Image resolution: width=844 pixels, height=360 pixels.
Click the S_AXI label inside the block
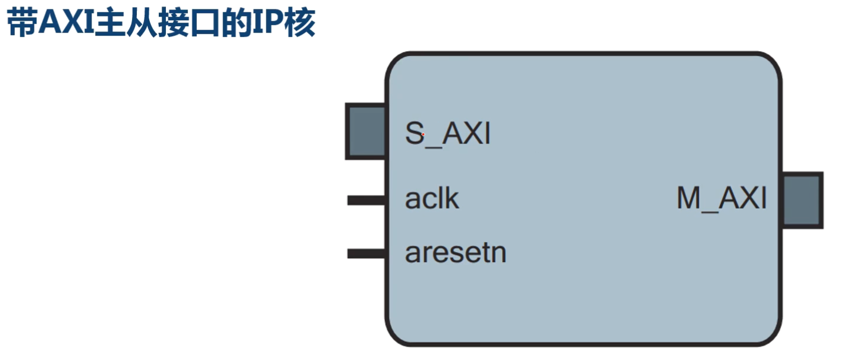click(448, 134)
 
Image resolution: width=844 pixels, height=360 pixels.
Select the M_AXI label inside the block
click(721, 199)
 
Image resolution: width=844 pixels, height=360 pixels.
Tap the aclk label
click(432, 199)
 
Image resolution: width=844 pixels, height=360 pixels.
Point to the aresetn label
click(456, 252)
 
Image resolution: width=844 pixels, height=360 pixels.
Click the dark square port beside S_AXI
click(365, 131)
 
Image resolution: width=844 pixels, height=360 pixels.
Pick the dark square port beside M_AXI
click(802, 200)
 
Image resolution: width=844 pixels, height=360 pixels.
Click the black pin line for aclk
click(366, 200)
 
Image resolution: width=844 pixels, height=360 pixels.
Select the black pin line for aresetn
click(366, 253)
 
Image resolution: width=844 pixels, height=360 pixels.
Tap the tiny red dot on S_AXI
click(423, 134)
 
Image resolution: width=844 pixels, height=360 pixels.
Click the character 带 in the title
click(22, 23)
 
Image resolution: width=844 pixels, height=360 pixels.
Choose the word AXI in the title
click(66, 23)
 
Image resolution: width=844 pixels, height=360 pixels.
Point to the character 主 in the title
click(109, 23)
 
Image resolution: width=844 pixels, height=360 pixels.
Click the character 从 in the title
click(141, 23)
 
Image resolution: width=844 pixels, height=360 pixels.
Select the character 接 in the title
click(172, 23)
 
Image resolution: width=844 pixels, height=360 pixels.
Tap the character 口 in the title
click(205, 23)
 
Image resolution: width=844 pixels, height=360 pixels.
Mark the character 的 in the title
click(236, 23)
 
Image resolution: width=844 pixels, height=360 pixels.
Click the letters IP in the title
click(268, 23)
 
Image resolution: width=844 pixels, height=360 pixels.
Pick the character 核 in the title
click(300, 23)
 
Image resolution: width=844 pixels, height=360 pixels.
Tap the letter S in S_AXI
click(415, 133)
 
